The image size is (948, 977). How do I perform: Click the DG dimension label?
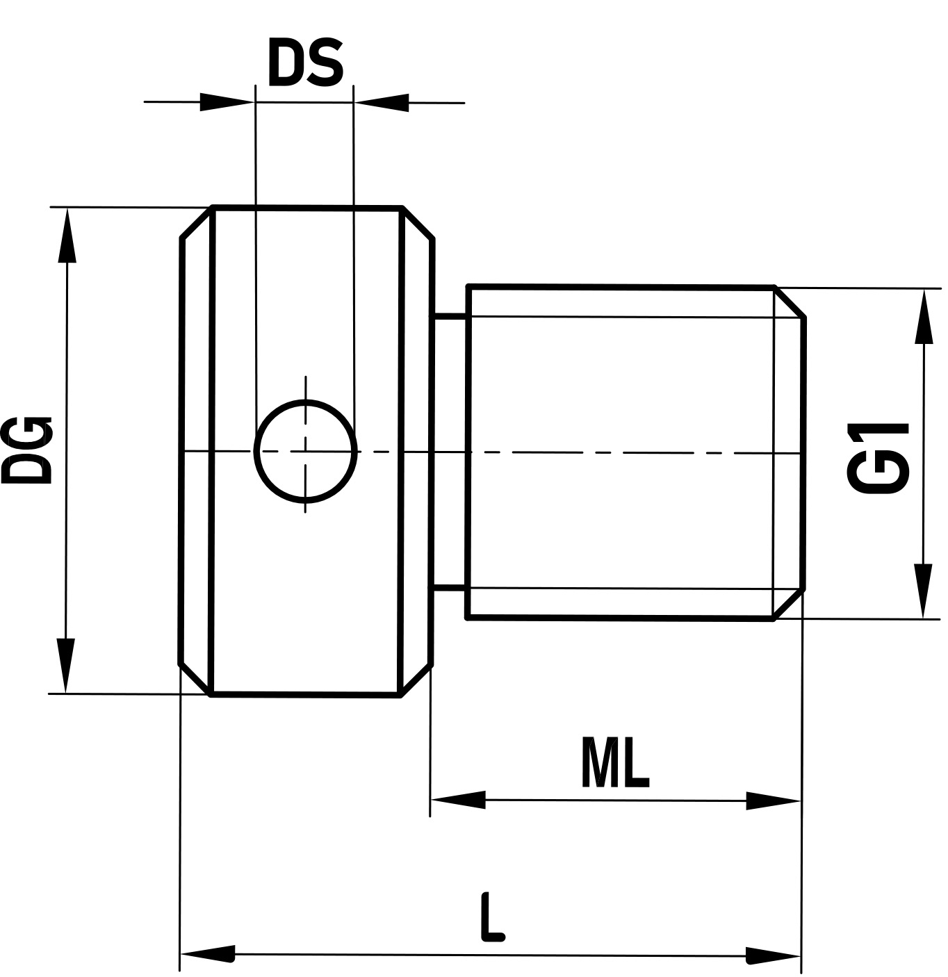coord(26,450)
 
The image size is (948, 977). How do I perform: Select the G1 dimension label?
coord(878,458)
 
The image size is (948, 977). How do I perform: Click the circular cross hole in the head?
coord(305,451)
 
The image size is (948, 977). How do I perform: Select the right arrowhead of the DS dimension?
coord(382,102)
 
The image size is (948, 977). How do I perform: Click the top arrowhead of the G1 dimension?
coord(923,316)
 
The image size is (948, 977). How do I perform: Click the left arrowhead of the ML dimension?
coord(458,800)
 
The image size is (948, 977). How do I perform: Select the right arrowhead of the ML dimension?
coord(773,801)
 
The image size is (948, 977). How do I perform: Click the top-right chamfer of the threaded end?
coord(790,302)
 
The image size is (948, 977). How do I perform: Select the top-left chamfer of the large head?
coord(196,222)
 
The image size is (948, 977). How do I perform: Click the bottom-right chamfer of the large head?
coord(416,680)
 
